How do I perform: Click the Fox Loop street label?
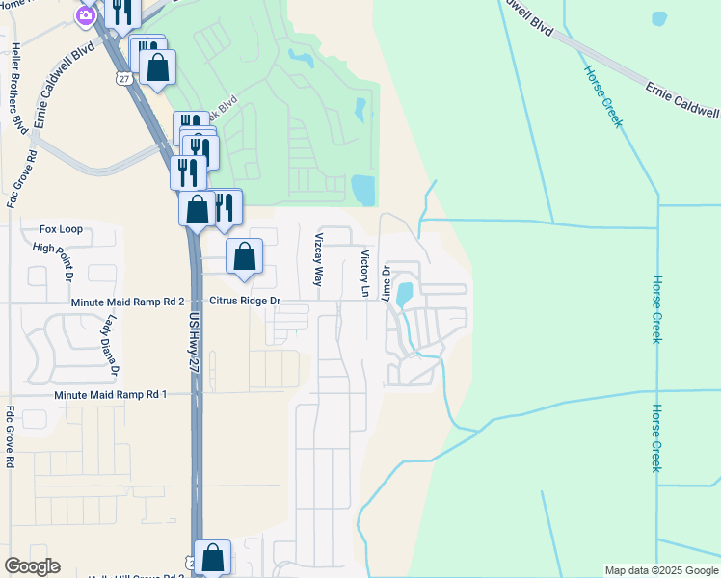[61, 229]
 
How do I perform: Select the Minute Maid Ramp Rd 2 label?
[127, 302]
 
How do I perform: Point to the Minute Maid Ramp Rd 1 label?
[110, 395]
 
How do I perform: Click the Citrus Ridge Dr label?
[245, 302]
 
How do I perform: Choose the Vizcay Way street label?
[318, 259]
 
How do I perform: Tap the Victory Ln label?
[365, 275]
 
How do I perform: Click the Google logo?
[32, 566]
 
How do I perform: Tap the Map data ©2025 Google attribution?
[660, 570]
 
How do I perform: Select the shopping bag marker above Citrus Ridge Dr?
[245, 257]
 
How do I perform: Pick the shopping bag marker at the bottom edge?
[212, 558]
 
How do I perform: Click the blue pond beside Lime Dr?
[406, 291]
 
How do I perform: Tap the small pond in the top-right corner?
[659, 18]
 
